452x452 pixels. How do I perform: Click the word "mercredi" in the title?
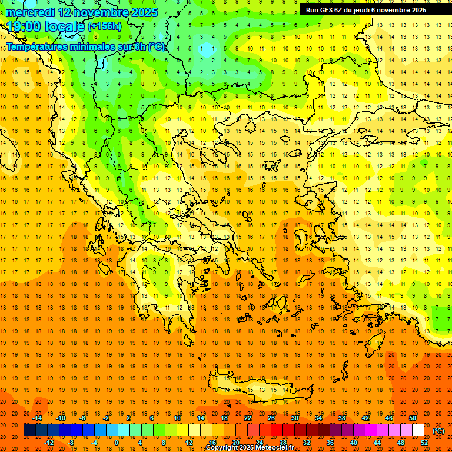29,12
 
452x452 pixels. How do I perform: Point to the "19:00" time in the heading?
23,26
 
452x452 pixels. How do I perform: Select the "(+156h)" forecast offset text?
104,26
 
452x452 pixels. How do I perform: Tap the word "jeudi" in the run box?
364,10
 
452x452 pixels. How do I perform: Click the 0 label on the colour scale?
116,443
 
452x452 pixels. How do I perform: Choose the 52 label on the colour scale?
424,443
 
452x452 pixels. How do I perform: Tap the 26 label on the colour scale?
271,418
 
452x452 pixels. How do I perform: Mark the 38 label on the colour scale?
342,418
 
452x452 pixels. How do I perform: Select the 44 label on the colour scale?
377,443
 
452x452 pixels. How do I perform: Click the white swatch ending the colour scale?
418,430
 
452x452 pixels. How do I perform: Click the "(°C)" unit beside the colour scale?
438,430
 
